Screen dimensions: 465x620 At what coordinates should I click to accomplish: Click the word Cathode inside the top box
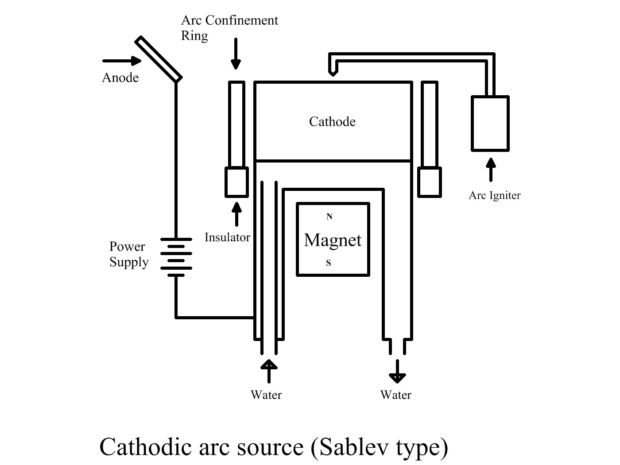[x=332, y=122]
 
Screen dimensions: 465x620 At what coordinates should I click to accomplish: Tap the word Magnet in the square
[x=333, y=240]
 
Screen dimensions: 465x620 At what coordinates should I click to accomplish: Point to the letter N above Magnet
[x=329, y=217]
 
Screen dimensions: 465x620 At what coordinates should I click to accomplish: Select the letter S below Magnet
[x=329, y=263]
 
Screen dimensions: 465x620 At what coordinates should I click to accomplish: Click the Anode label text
[x=120, y=78]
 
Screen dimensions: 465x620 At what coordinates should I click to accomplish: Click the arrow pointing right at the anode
[x=121, y=61]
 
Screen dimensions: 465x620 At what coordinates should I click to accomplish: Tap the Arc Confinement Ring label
[x=229, y=27]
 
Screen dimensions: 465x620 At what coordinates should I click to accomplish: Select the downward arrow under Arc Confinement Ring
[x=236, y=54]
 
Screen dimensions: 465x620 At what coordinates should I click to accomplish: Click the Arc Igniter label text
[x=494, y=195]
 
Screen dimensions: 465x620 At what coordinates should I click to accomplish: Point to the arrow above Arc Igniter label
[x=490, y=170]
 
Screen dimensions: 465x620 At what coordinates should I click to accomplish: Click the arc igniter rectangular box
[x=490, y=123]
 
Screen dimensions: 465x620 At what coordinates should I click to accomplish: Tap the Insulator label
[x=227, y=237]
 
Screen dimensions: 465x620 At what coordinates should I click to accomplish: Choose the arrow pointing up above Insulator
[x=236, y=214]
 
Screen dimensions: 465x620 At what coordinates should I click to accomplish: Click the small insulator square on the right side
[x=429, y=182]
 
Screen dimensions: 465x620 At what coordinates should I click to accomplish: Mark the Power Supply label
[x=128, y=254]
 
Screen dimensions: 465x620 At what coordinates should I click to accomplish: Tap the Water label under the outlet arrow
[x=395, y=395]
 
